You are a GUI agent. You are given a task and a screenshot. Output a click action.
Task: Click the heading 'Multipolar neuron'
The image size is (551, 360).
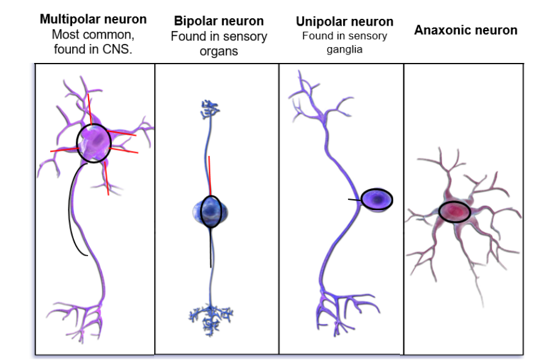click(x=93, y=19)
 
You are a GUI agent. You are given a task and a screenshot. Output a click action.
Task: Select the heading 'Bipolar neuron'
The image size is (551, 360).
click(x=219, y=21)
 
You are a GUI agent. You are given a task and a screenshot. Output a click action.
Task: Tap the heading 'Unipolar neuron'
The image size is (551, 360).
click(x=344, y=21)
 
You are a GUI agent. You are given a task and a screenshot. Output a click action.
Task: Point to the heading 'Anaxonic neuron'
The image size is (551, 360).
click(x=465, y=30)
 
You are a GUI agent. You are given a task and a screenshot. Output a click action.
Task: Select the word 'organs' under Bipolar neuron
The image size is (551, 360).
click(x=218, y=51)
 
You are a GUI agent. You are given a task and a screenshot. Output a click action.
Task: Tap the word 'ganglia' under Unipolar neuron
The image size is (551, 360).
click(x=344, y=50)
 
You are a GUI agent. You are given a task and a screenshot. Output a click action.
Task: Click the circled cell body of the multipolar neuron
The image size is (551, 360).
click(x=94, y=142)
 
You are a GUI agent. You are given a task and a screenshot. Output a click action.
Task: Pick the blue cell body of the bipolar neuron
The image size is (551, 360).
click(x=210, y=211)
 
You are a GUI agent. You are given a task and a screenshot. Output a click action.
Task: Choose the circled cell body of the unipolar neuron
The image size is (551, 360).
click(x=377, y=199)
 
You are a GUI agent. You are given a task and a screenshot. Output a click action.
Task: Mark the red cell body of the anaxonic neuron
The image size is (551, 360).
click(x=454, y=211)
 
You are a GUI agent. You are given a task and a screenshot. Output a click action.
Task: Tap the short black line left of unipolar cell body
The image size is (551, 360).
click(x=354, y=200)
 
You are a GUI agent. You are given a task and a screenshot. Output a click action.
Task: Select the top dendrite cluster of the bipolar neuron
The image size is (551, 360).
click(x=209, y=110)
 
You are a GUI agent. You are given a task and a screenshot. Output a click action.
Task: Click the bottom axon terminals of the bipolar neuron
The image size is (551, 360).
click(x=210, y=315)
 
